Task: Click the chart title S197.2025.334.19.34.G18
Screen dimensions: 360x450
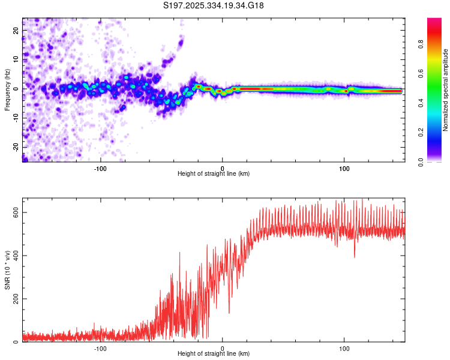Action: [x=214, y=5]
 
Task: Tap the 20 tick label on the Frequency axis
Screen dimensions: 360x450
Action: [x=16, y=30]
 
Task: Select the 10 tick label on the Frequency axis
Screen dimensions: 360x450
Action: [x=16, y=59]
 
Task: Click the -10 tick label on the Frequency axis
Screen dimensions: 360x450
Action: [x=15, y=118]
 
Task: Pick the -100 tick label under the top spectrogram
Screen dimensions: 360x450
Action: [x=100, y=168]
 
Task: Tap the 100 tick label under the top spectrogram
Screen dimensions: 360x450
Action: [x=344, y=168]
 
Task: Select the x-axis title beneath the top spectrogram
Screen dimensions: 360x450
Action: [x=214, y=174]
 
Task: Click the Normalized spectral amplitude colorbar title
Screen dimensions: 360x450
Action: [x=445, y=90]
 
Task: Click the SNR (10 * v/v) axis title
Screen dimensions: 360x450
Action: [x=7, y=270]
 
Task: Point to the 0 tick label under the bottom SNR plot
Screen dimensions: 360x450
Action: [x=223, y=348]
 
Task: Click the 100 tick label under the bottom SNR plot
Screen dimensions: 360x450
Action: [x=344, y=348]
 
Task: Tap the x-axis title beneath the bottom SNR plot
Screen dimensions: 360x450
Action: [x=214, y=354]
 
